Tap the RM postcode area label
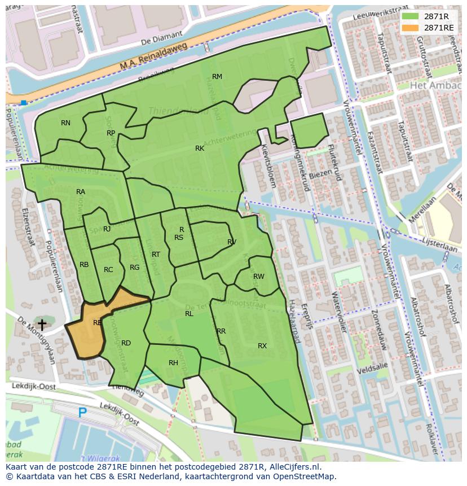pyautogui.click(x=217, y=77)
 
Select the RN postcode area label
pyautogui.click(x=66, y=123)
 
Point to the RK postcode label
pyautogui.click(x=200, y=148)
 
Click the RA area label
pyautogui.click(x=81, y=192)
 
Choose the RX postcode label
pyautogui.click(x=262, y=346)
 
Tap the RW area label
pyautogui.click(x=259, y=277)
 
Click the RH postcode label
pyautogui.click(x=173, y=363)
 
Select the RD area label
pyautogui.click(x=126, y=343)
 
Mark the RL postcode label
pyautogui.click(x=189, y=314)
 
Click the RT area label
pyautogui.click(x=156, y=255)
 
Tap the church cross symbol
pyautogui.click(x=41, y=325)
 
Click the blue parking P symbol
pyautogui.click(x=82, y=413)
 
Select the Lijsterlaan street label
pyautogui.click(x=441, y=247)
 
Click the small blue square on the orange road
pyautogui.click(x=23, y=103)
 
